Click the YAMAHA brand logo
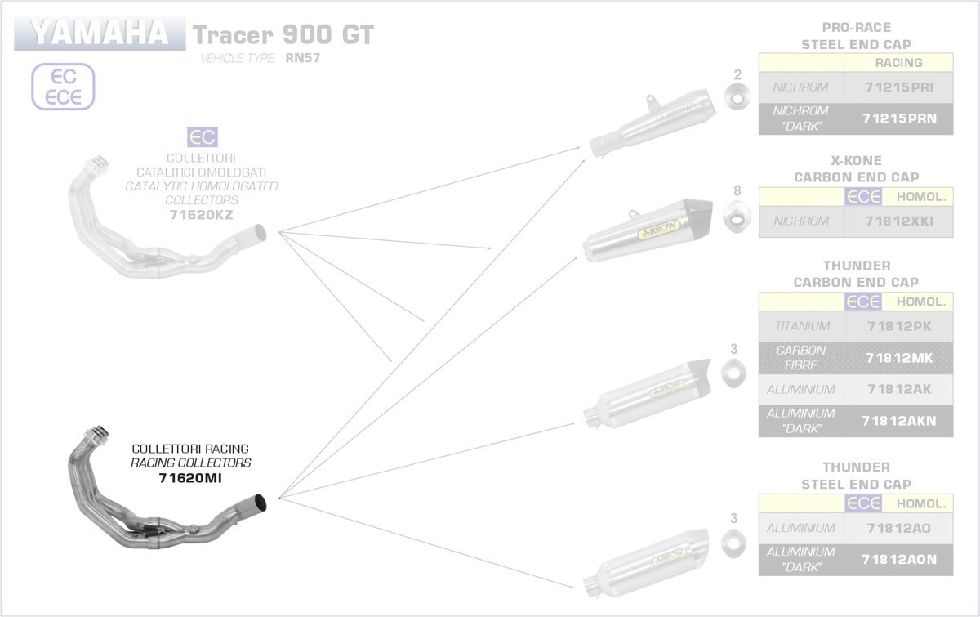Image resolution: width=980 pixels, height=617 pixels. pos(99,34)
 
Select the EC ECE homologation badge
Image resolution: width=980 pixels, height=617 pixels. pos(63,87)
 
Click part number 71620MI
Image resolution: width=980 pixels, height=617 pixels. pos(191,477)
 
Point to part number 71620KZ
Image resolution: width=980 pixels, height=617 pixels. pos(201,215)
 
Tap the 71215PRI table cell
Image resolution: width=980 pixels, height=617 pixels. pos(898,87)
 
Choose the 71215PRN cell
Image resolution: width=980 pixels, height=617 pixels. pos(898,118)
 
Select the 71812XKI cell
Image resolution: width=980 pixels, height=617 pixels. pos(898,221)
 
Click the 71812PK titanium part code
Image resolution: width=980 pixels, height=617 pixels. pos(898,326)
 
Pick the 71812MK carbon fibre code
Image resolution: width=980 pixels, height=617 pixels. pos(898,357)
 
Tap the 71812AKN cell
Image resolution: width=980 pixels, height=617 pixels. pos(898,421)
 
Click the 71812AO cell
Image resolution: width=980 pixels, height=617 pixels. pos(898,528)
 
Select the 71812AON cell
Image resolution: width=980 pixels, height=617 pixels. pos(898,559)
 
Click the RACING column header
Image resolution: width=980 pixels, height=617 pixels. pos(898,62)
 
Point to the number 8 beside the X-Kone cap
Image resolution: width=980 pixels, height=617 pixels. pos(737,191)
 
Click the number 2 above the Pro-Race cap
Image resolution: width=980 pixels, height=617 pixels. pos(738,75)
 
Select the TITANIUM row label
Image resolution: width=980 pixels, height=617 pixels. pos(801,326)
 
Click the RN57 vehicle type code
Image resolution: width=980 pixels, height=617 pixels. pos(302,58)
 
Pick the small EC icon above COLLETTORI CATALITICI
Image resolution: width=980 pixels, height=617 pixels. pos(202,136)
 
